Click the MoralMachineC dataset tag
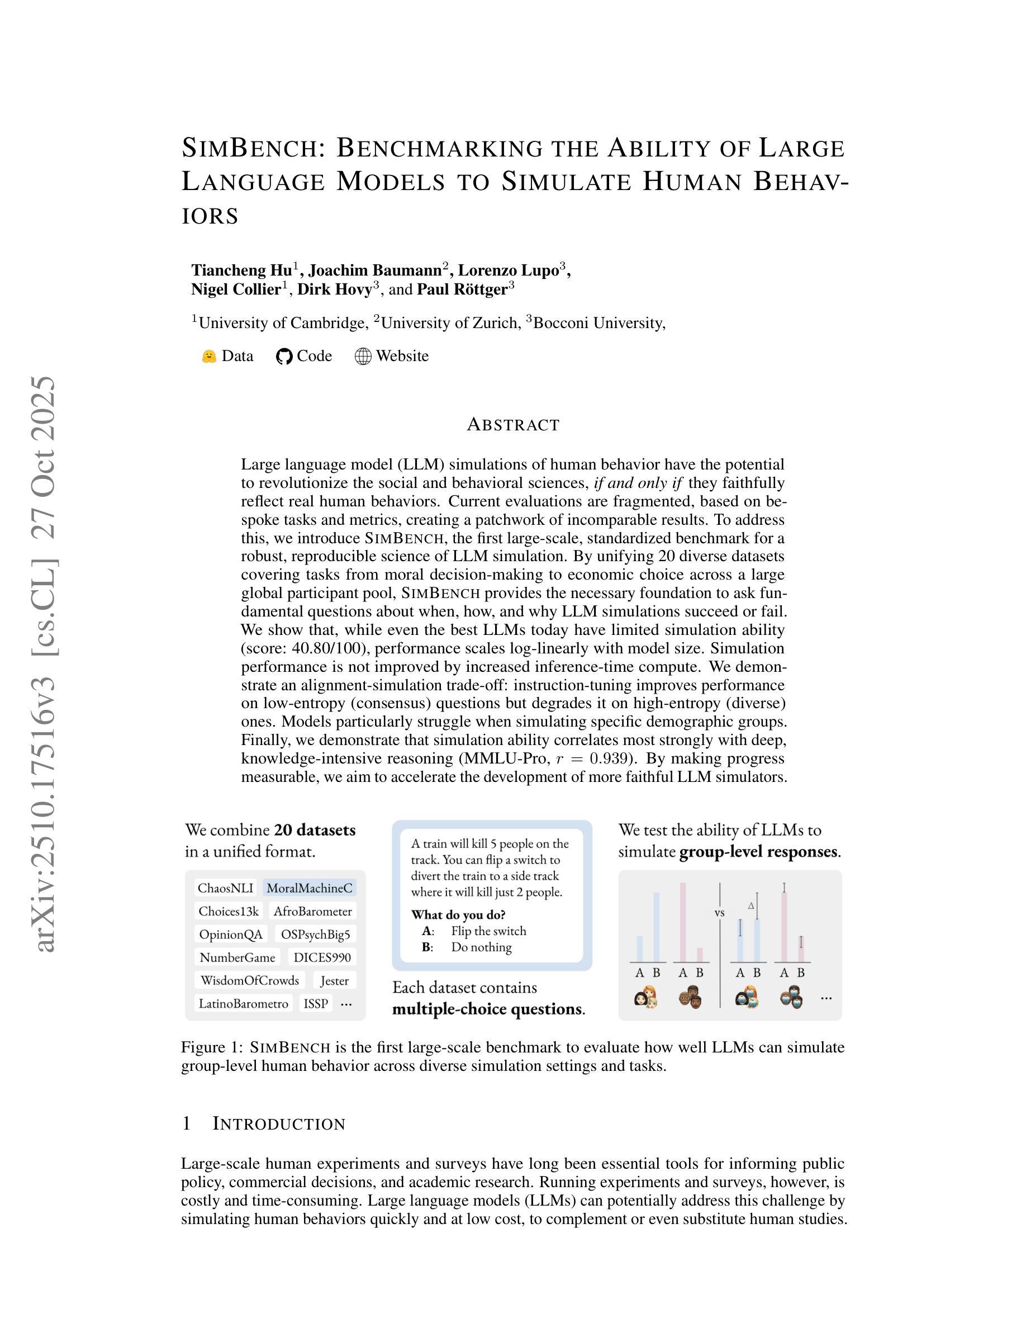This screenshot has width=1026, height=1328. (310, 888)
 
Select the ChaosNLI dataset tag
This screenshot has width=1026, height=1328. (226, 888)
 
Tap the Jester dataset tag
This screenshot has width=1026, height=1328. (334, 980)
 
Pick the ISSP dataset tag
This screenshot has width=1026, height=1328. (316, 1003)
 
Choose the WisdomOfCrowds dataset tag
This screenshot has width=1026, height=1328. (249, 980)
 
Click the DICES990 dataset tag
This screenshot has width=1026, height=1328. (322, 957)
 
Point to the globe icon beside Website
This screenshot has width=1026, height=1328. (363, 357)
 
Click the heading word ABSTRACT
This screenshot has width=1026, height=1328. (513, 424)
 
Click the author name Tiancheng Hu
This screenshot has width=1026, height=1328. (241, 270)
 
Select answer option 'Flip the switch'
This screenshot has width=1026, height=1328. (488, 931)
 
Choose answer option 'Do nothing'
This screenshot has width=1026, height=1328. (481, 947)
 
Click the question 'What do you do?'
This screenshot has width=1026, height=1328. (458, 914)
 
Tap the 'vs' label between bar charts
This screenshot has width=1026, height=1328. (720, 913)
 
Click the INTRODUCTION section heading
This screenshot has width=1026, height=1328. (278, 1123)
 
